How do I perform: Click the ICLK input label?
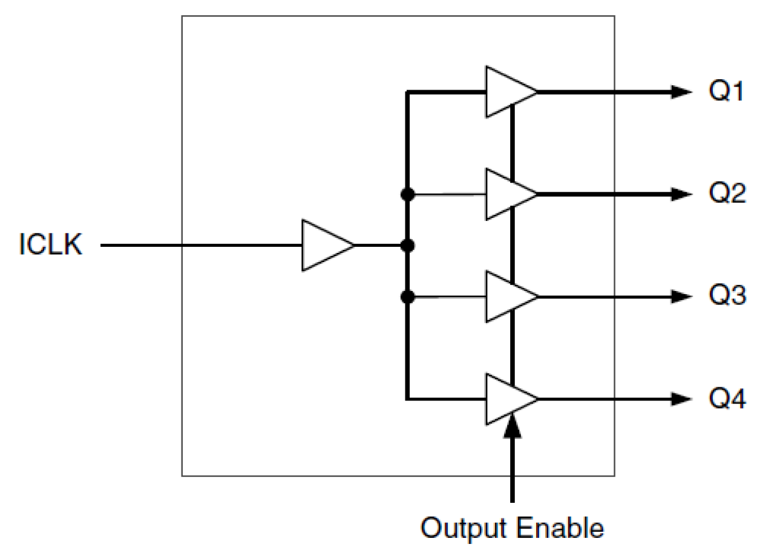pos(51,246)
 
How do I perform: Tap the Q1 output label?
pos(729,92)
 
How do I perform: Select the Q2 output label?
pos(729,195)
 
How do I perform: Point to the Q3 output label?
pos(729,297)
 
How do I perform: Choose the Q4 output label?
pos(729,399)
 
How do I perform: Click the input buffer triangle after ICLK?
pos(326,246)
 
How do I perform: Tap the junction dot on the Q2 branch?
pos(408,194)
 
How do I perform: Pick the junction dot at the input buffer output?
pos(408,246)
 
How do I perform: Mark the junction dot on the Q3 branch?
pos(408,296)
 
